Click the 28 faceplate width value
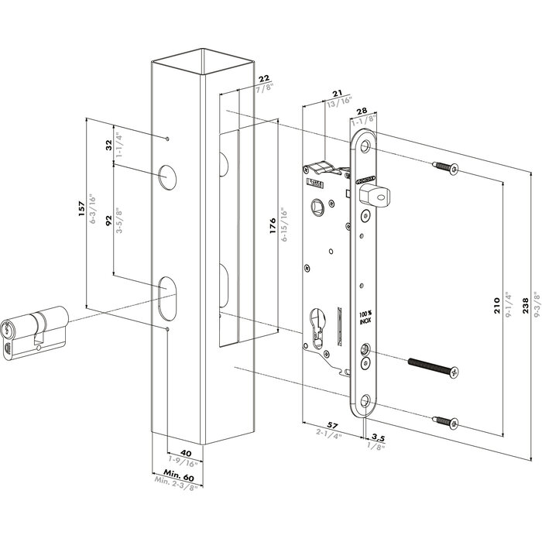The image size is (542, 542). [361, 112]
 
